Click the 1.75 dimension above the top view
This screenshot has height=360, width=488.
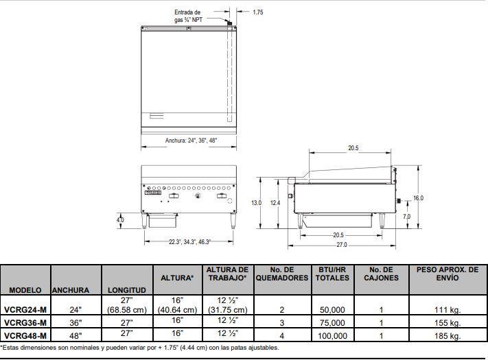(x=257, y=12)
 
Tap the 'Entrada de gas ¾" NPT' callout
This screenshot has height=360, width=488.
(x=188, y=16)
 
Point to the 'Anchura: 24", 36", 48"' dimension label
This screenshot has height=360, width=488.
(x=191, y=141)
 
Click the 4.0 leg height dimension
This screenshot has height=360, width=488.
(x=120, y=220)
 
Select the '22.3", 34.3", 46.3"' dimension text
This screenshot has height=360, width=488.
(x=190, y=242)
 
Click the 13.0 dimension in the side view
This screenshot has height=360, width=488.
(x=257, y=203)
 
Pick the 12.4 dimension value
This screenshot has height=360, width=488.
(x=275, y=203)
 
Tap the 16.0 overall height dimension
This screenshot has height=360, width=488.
(x=418, y=198)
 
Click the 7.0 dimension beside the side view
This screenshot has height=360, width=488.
(x=407, y=217)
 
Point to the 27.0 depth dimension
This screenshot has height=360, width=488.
(x=341, y=245)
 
